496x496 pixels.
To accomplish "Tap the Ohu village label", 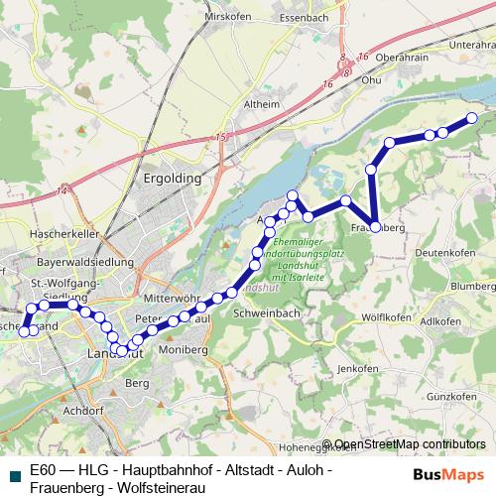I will (371, 80).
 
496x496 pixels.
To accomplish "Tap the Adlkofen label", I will (440, 322).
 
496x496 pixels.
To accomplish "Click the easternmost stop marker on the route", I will (471, 118).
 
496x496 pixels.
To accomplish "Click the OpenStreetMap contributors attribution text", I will (410, 444).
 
